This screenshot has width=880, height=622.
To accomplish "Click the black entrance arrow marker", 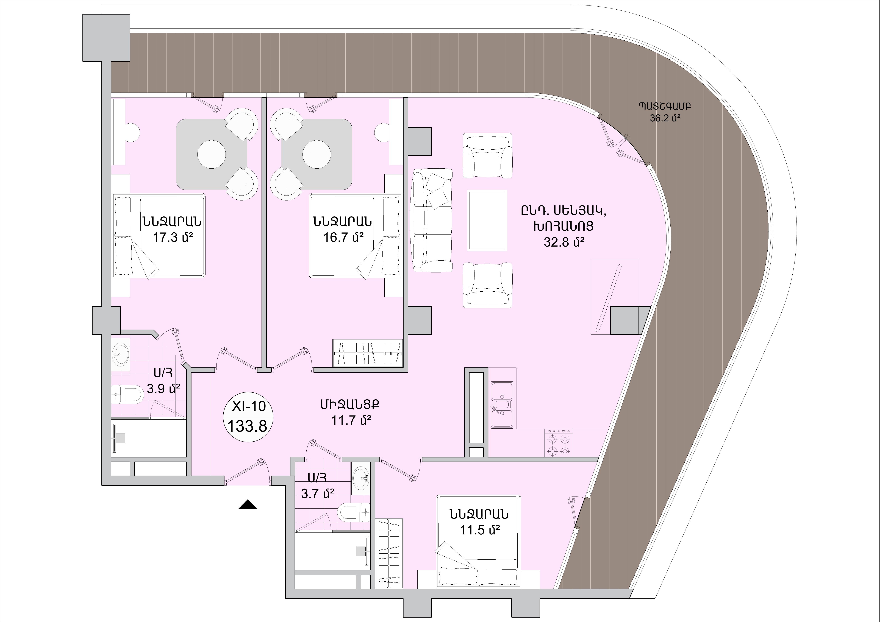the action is tap(248, 504).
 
